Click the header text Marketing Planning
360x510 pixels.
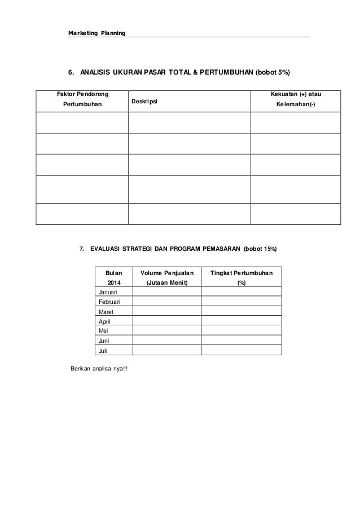(x=96, y=33)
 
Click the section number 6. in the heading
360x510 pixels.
(x=71, y=73)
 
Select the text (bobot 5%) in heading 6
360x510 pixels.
(x=273, y=73)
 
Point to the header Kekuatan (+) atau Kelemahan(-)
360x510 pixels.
(x=296, y=99)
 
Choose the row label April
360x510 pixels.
(x=104, y=321)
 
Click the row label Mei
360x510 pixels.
(x=103, y=331)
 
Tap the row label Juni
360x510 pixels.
(x=104, y=341)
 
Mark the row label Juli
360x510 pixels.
(x=103, y=351)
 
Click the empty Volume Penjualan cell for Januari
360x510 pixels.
(x=167, y=292)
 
